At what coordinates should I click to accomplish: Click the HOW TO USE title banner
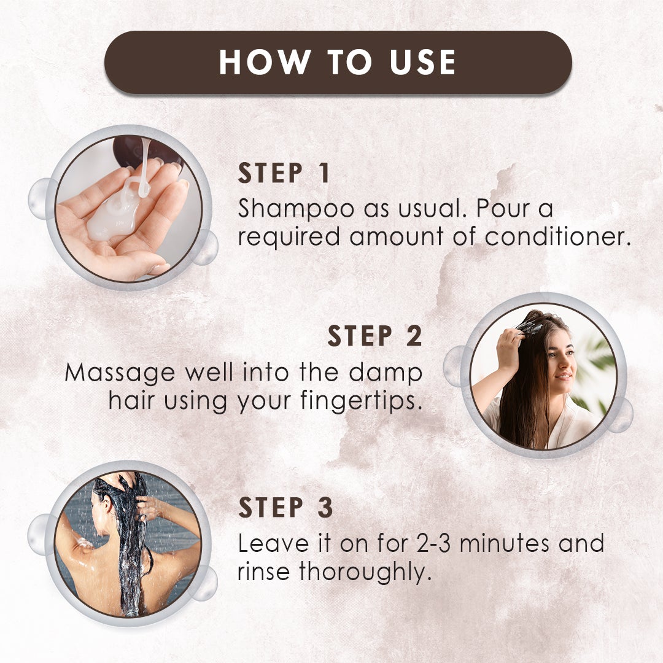338,62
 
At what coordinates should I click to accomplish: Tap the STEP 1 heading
284,174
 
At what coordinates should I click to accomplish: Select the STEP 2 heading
374,336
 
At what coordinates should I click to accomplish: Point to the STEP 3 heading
285,508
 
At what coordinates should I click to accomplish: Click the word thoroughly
362,572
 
